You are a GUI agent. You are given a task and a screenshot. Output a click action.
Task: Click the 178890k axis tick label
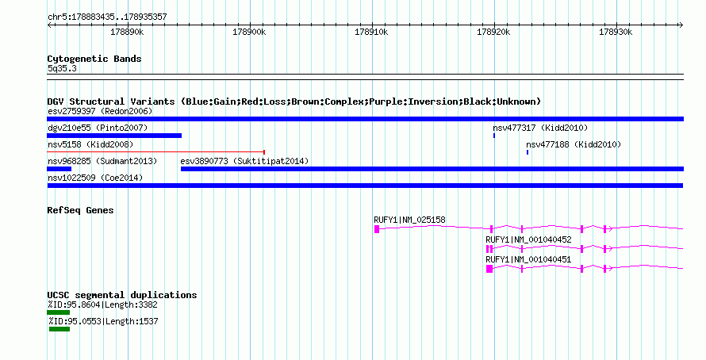(127, 32)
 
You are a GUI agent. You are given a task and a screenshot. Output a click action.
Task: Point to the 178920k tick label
(493, 32)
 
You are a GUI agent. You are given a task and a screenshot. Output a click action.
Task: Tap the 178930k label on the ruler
(616, 32)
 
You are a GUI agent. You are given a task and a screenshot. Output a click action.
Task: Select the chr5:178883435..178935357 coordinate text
(107, 17)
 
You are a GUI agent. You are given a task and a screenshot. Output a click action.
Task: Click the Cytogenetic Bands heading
(94, 59)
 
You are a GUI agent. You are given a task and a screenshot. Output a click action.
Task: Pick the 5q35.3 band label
(62, 68)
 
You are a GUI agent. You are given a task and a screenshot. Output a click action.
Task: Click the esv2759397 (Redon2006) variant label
(100, 111)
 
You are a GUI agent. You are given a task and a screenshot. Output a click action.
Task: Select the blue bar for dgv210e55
(114, 136)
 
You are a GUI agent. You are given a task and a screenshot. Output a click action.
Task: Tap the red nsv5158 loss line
(155, 152)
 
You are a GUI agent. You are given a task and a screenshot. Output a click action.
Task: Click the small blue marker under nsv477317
(494, 136)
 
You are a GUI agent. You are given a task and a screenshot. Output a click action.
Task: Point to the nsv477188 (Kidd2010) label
(574, 144)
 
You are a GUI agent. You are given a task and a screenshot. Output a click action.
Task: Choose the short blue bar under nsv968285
(59, 169)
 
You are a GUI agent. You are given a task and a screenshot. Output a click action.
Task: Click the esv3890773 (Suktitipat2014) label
(244, 161)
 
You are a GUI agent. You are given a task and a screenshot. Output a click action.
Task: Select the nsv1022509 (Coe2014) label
(95, 178)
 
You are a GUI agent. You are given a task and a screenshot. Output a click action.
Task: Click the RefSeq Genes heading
(80, 210)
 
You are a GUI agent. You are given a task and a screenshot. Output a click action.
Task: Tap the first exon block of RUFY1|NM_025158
(377, 229)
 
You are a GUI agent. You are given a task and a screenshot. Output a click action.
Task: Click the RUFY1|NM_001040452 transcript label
(528, 239)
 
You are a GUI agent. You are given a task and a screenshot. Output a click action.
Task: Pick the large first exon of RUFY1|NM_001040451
(489, 269)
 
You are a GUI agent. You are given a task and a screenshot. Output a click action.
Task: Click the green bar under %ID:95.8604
(58, 312)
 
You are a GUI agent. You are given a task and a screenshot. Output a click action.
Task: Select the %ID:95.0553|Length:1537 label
(103, 321)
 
